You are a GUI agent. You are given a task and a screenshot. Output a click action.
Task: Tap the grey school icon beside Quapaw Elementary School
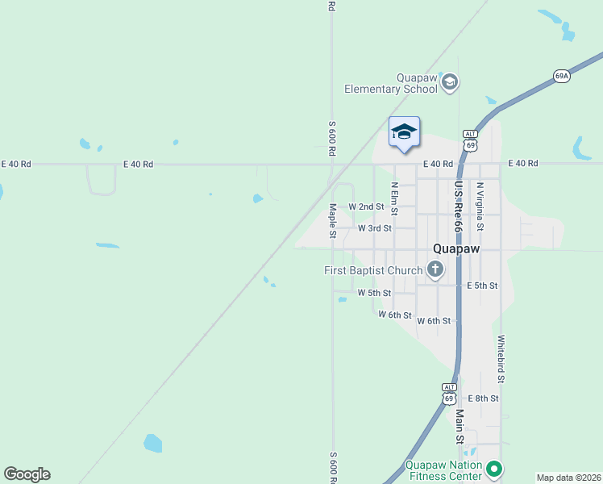coord(450,81)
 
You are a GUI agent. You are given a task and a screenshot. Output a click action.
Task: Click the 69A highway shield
coord(562,76)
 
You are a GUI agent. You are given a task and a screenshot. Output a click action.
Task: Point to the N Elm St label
coord(395,198)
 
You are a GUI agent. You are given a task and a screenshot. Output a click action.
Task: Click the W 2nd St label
coord(366,207)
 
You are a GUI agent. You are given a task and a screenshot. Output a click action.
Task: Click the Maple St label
coord(332,221)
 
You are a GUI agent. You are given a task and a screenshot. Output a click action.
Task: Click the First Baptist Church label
coord(373,270)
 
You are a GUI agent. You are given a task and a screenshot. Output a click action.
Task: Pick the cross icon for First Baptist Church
coord(435,269)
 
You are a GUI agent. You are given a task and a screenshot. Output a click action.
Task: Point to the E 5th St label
coord(482,286)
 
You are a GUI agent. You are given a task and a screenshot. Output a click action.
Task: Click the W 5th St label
coord(374,293)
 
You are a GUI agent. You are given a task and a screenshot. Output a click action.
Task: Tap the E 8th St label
coord(484,398)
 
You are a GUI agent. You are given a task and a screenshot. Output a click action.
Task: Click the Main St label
coord(460,426)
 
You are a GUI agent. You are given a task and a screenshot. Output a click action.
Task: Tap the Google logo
coord(27,474)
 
